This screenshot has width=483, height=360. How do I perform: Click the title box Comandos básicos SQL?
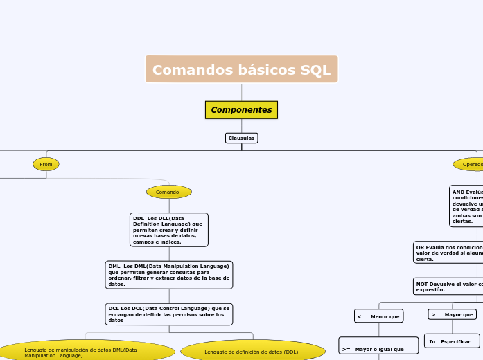241,69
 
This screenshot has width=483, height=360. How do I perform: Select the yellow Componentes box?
241,110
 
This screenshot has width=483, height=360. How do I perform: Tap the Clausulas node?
241,138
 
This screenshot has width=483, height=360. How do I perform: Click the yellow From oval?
46,164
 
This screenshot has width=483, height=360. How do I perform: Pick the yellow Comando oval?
168,192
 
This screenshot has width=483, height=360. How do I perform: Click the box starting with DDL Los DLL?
168,230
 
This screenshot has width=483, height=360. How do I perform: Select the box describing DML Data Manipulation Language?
168,275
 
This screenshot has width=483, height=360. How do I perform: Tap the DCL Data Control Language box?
168,314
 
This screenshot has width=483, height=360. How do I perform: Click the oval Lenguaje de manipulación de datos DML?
86,351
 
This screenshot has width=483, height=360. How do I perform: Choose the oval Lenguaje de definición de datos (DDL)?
252,351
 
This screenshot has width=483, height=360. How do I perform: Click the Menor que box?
378,316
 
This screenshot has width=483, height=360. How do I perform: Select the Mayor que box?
453,314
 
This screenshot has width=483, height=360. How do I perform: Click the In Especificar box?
452,341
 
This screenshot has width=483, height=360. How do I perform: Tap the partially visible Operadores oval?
469,164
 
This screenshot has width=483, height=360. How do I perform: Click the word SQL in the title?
315,70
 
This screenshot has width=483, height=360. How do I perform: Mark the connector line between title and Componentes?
241,92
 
